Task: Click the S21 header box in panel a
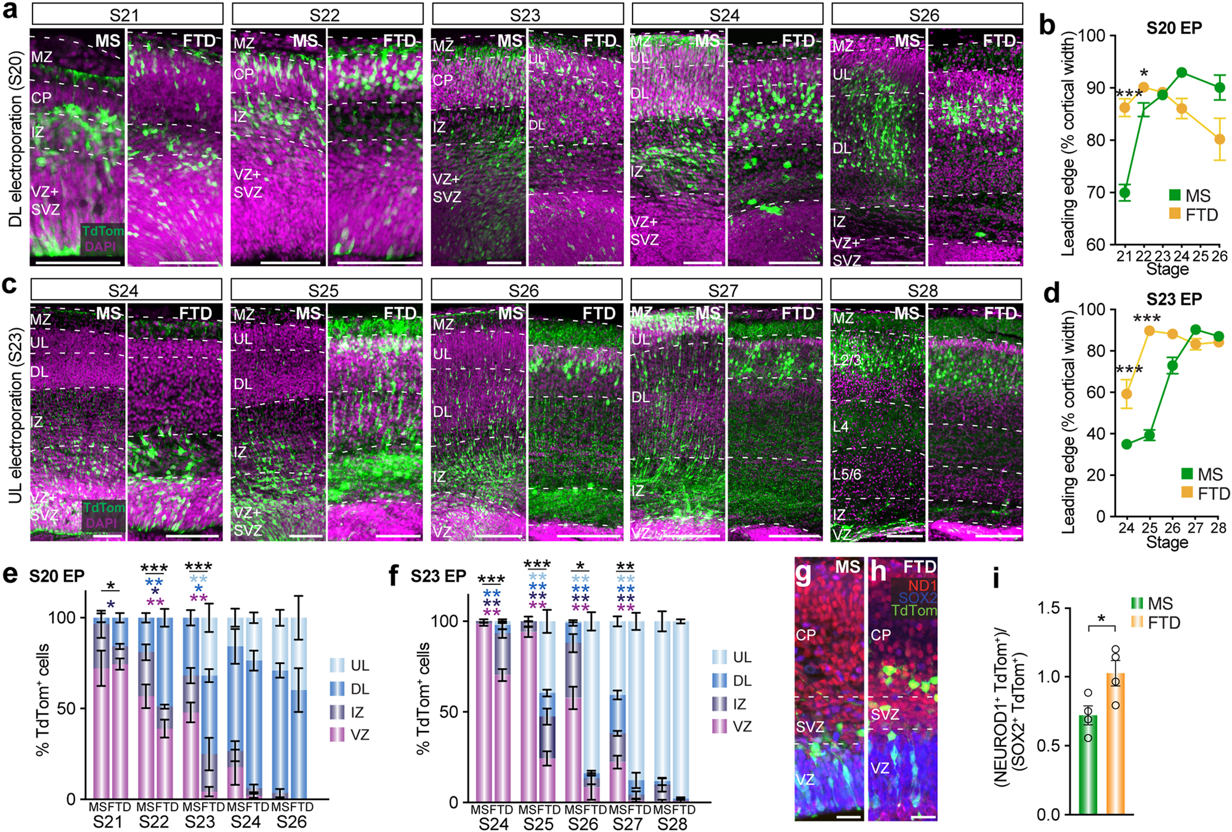(x=127, y=15)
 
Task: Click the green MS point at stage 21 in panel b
(x=1125, y=193)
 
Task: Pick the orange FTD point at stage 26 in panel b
(x=1220, y=139)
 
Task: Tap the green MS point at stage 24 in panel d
(x=1127, y=444)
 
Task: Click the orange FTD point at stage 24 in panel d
(x=1127, y=394)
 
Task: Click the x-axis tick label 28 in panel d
(x=1218, y=528)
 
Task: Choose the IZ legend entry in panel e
(x=349, y=712)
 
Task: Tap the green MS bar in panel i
(x=1088, y=764)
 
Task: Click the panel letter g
(x=803, y=572)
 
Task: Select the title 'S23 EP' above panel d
(x=1173, y=299)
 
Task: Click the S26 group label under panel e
(x=291, y=822)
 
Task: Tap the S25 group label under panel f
(x=538, y=824)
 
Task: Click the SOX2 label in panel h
(x=917, y=597)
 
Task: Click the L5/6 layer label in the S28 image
(x=847, y=475)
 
